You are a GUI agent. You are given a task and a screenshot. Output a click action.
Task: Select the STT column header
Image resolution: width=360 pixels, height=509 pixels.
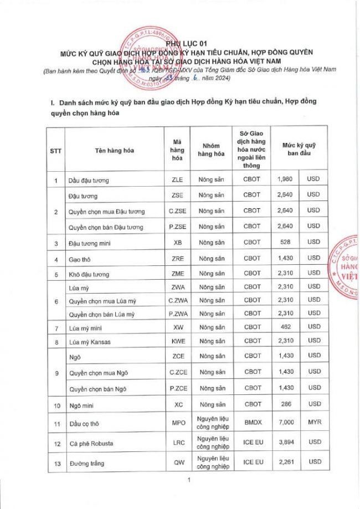[55, 150]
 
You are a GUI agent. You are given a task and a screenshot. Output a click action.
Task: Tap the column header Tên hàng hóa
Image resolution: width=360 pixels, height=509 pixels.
[114, 150]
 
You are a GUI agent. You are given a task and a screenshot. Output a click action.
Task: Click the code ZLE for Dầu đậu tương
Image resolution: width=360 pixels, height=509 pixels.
[177, 180]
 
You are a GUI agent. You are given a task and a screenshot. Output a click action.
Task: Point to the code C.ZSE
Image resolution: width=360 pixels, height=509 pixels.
[177, 211]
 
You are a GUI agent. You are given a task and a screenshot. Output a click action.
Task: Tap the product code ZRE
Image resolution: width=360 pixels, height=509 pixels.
[177, 259]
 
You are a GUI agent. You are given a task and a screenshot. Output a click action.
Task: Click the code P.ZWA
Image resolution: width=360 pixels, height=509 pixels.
[177, 313]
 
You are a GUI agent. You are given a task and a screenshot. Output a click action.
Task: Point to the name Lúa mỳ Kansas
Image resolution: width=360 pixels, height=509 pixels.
[89, 342]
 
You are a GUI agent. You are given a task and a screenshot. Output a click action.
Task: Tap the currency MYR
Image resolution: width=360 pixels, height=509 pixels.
[313, 423]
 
